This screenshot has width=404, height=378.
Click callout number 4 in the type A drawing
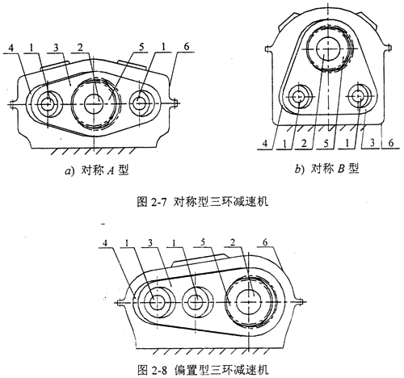point(11,48)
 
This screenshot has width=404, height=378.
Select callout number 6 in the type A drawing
point(186,47)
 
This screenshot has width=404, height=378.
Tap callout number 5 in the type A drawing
point(141,48)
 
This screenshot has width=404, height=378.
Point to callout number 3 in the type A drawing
point(56,48)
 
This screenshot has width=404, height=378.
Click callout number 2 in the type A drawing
point(80,48)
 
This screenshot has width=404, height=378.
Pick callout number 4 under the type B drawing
point(265,144)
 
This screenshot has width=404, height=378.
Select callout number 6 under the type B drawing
point(390,143)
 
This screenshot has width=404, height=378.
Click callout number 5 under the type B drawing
point(326,144)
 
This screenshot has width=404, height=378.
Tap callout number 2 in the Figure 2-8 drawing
point(233,242)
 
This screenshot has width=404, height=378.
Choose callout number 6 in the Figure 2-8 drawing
point(265,242)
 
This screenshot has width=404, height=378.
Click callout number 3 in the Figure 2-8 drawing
point(150,243)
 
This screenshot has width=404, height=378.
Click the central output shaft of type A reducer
point(94,103)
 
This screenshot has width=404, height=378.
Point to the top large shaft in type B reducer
point(327,48)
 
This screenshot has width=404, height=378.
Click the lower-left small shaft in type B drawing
point(299,97)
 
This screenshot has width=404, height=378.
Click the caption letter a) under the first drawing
point(69,170)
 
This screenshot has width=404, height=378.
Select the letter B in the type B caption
point(341,169)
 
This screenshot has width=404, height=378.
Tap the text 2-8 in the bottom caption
point(160,371)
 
